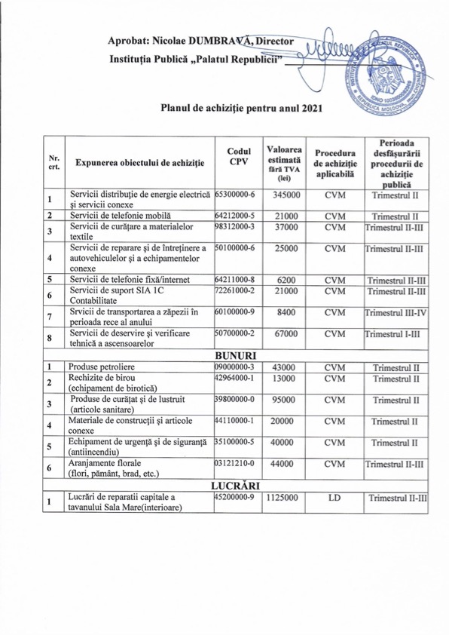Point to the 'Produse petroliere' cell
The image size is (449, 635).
point(106,367)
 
